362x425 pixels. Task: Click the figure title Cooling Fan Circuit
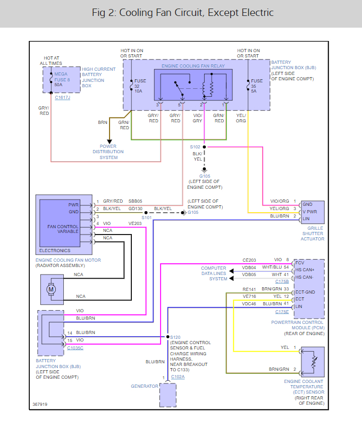(181, 13)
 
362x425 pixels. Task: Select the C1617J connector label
(62, 98)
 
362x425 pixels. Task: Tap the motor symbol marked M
(52, 289)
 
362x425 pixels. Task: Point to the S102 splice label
(196, 146)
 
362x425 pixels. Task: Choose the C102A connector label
(179, 378)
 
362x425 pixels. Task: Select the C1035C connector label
(75, 348)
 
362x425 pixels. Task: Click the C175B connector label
(282, 281)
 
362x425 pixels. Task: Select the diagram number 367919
(39, 404)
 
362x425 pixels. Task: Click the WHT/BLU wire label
(272, 267)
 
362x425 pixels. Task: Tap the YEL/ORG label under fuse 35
(241, 118)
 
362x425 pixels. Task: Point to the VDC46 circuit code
(249, 304)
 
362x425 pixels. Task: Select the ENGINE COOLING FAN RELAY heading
(193, 66)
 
